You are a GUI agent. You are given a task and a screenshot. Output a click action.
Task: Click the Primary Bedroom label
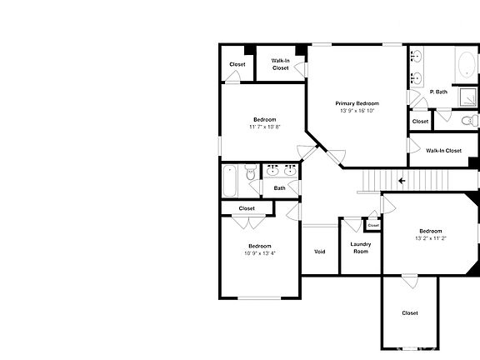coord(357,103)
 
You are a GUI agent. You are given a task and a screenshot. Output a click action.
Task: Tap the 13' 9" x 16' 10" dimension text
coord(357,111)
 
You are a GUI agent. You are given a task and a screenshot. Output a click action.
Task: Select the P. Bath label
coord(438,92)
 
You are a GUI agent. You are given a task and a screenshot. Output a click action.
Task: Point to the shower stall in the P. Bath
coord(468,98)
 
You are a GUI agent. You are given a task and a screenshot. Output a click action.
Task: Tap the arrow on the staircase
coord(402,180)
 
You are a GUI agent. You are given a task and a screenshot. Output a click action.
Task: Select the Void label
coord(319,252)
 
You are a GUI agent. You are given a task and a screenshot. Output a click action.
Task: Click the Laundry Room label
coord(360,247)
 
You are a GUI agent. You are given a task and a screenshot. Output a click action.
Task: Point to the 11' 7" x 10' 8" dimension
coord(264,127)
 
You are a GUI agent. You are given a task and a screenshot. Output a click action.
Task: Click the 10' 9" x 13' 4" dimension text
coord(259,253)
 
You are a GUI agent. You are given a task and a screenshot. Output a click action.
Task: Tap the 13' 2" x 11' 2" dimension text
coord(430,238)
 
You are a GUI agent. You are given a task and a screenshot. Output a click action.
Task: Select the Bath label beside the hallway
coord(280,188)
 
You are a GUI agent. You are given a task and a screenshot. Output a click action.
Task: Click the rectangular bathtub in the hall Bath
coord(231,180)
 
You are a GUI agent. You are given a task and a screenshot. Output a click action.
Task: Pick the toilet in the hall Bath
coord(250,174)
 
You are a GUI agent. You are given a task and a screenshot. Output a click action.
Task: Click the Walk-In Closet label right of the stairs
coord(443,151)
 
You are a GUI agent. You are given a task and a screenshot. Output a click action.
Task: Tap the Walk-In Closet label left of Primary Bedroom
coord(280,64)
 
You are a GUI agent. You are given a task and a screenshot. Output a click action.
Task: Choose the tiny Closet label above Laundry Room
coord(373,225)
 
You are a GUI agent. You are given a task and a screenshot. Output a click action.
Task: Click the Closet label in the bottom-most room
coord(410,313)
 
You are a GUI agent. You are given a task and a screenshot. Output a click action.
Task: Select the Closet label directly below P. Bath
coord(421,122)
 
